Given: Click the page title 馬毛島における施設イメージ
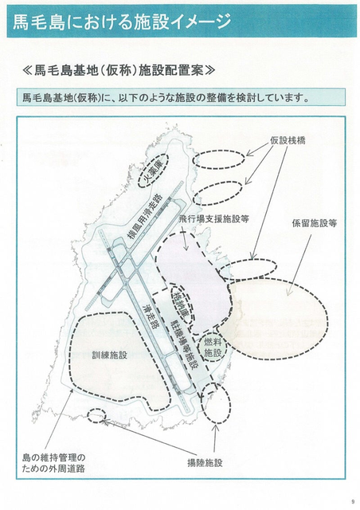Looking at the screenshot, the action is click(x=122, y=22).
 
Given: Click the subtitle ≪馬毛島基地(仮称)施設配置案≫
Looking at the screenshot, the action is click(x=119, y=70).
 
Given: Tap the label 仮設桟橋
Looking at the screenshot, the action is click(x=288, y=140).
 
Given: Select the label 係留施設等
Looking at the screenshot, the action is click(x=314, y=223).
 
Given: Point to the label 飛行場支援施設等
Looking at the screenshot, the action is click(x=214, y=219).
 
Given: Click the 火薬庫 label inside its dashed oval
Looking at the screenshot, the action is click(x=153, y=170).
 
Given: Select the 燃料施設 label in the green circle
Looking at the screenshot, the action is click(x=213, y=347).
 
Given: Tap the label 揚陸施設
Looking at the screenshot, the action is click(x=205, y=462).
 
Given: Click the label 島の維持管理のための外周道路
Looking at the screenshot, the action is click(x=53, y=463).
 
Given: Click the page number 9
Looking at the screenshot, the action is click(x=353, y=501).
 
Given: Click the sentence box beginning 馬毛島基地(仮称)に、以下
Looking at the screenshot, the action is click(x=181, y=97).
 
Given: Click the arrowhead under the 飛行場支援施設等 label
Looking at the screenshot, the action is click(x=186, y=247).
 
